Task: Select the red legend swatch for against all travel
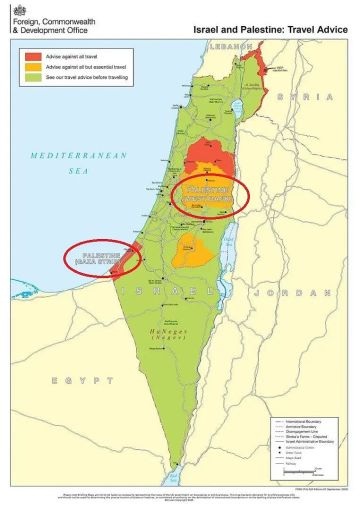coord(32,54)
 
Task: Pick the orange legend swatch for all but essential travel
coord(32,66)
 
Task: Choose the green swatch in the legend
coord(32,78)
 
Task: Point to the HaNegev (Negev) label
coord(166,339)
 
